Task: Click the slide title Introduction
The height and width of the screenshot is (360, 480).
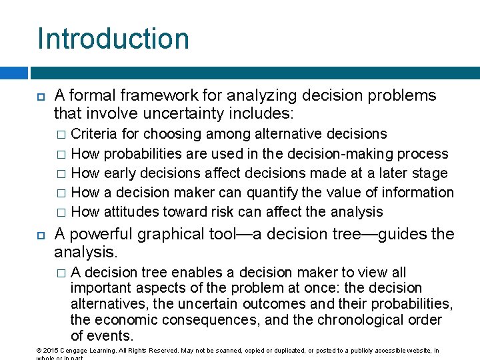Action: (113, 38)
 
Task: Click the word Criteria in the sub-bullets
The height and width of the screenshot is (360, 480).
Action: (95, 135)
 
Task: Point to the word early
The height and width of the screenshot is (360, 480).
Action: (122, 173)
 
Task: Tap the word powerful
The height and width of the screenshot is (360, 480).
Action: (100, 235)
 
